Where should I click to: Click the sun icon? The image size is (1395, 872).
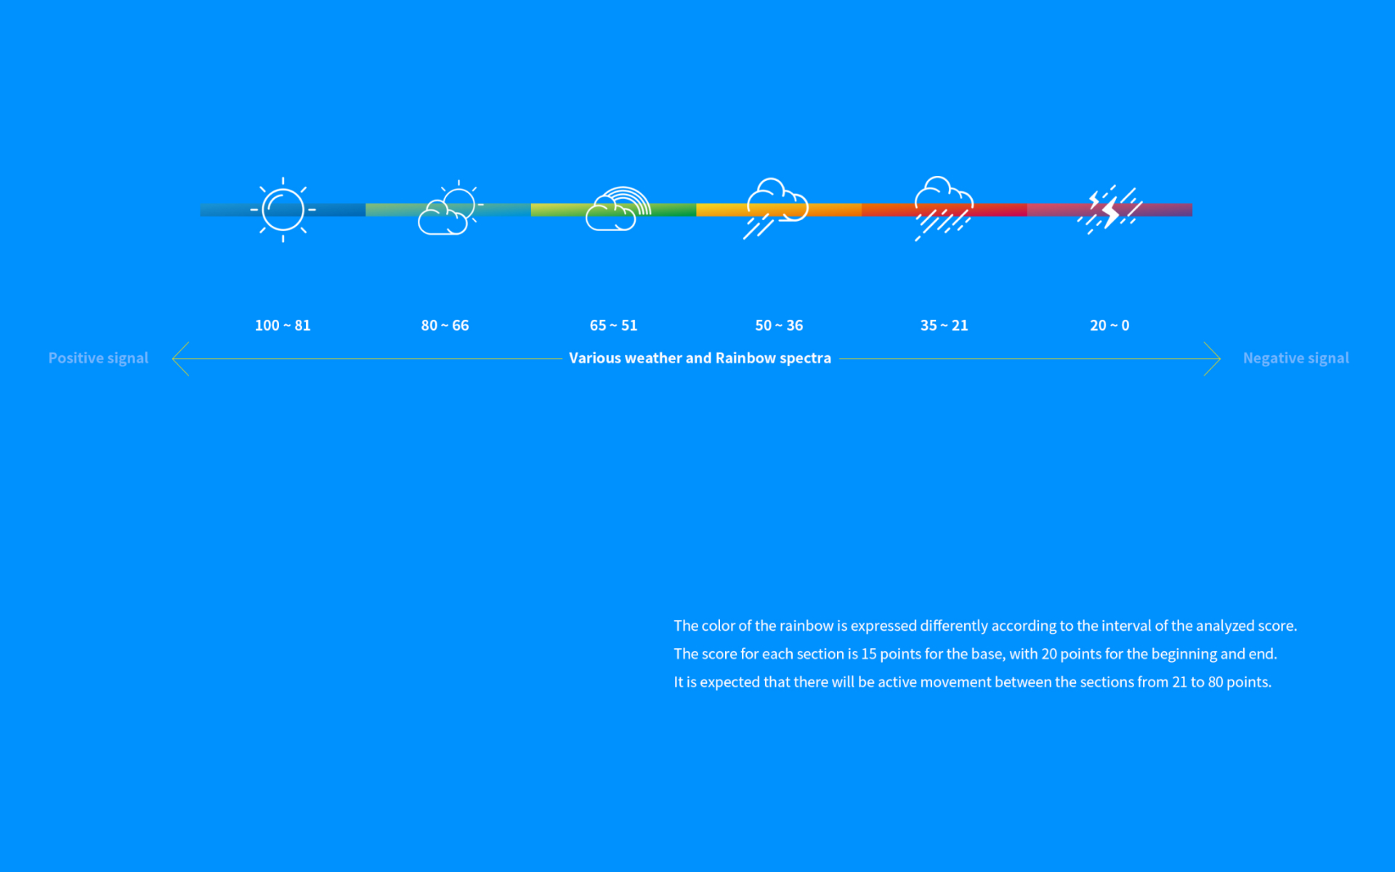(x=283, y=210)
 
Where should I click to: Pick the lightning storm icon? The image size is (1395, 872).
(x=1109, y=210)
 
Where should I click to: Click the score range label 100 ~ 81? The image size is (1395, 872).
(x=283, y=326)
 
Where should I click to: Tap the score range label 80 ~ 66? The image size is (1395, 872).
(x=445, y=326)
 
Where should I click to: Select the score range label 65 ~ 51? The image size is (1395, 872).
(x=613, y=326)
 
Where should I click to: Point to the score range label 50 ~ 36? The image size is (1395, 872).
(x=779, y=326)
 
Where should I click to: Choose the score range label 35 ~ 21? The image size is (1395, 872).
(x=944, y=326)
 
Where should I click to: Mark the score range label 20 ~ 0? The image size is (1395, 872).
(x=1109, y=326)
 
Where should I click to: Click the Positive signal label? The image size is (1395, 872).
(x=98, y=358)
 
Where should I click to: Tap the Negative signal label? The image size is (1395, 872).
(x=1295, y=358)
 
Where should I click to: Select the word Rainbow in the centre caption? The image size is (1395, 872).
(x=745, y=358)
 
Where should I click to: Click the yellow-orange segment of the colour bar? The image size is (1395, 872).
(x=779, y=210)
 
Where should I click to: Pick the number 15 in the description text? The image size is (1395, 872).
(x=869, y=654)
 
